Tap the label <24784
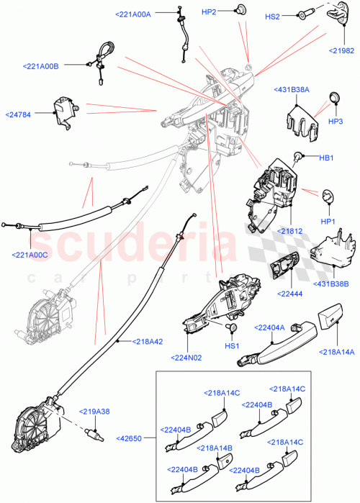(23, 114)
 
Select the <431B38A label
(292, 89)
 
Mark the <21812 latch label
(291, 232)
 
